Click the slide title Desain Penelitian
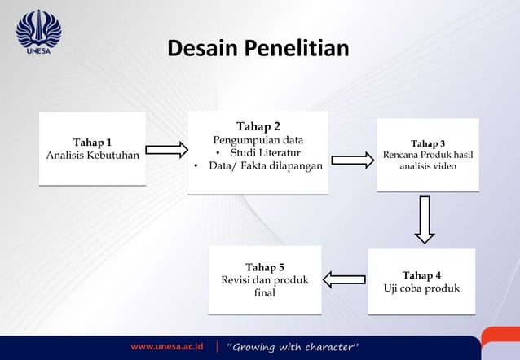point(258,49)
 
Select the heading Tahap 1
point(93,143)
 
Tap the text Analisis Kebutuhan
point(93,156)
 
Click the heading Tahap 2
point(258,126)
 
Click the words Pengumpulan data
point(258,140)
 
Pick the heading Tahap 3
point(428,143)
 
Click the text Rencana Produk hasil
point(428,155)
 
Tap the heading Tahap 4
point(422,275)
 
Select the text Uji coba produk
point(422,288)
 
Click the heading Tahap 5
point(265,267)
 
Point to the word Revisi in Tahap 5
point(239,280)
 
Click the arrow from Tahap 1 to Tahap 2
point(166,149)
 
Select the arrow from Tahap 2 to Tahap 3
point(352,160)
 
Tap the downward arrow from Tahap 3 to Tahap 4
point(424,219)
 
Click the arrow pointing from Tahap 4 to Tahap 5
point(344,279)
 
